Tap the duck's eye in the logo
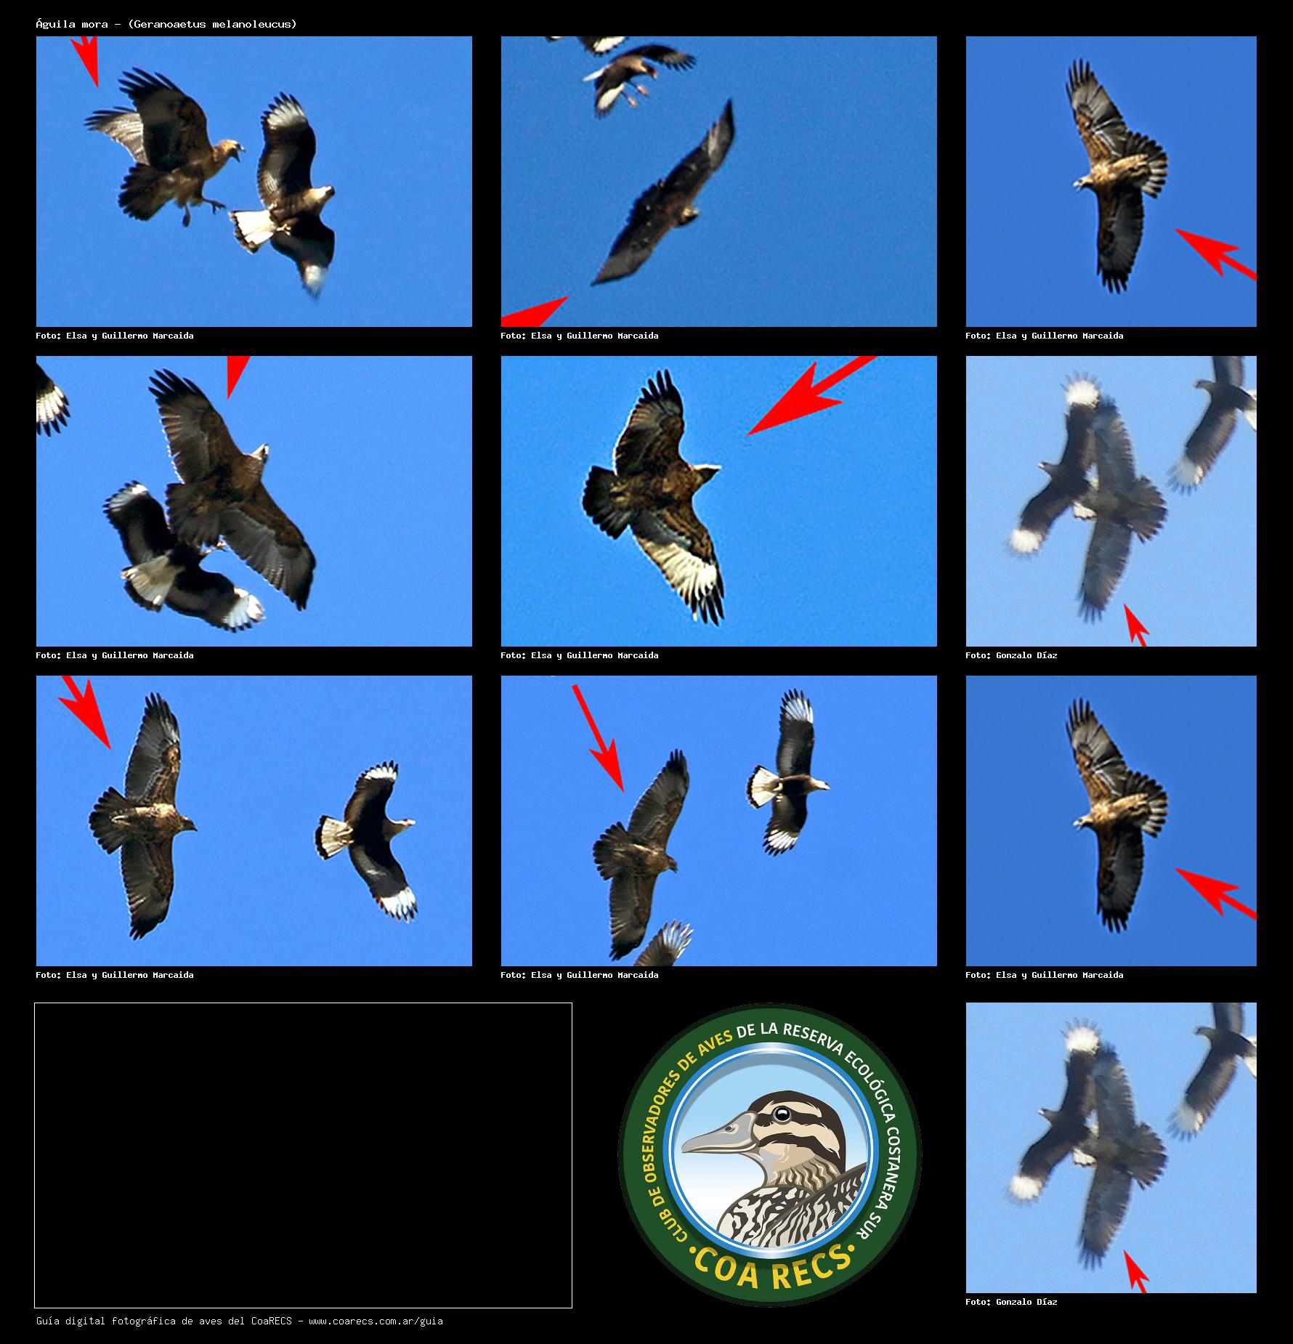pos(782,1114)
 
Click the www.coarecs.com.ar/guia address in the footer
pos(376,1321)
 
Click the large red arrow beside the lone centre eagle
pos(812,395)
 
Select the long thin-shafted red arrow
pos(598,738)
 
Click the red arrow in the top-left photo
pos(86,61)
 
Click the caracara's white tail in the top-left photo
pos(255,227)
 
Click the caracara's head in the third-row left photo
pos(404,824)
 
